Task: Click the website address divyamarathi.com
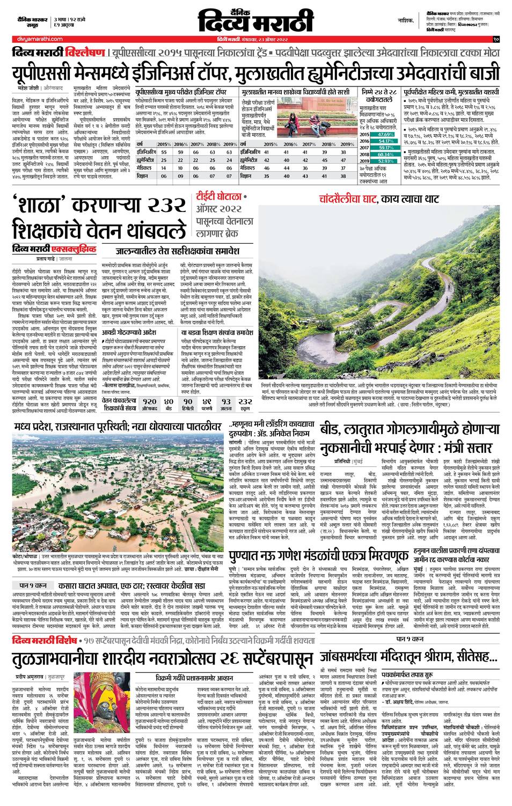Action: click(36, 39)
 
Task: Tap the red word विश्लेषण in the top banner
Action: click(84, 54)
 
